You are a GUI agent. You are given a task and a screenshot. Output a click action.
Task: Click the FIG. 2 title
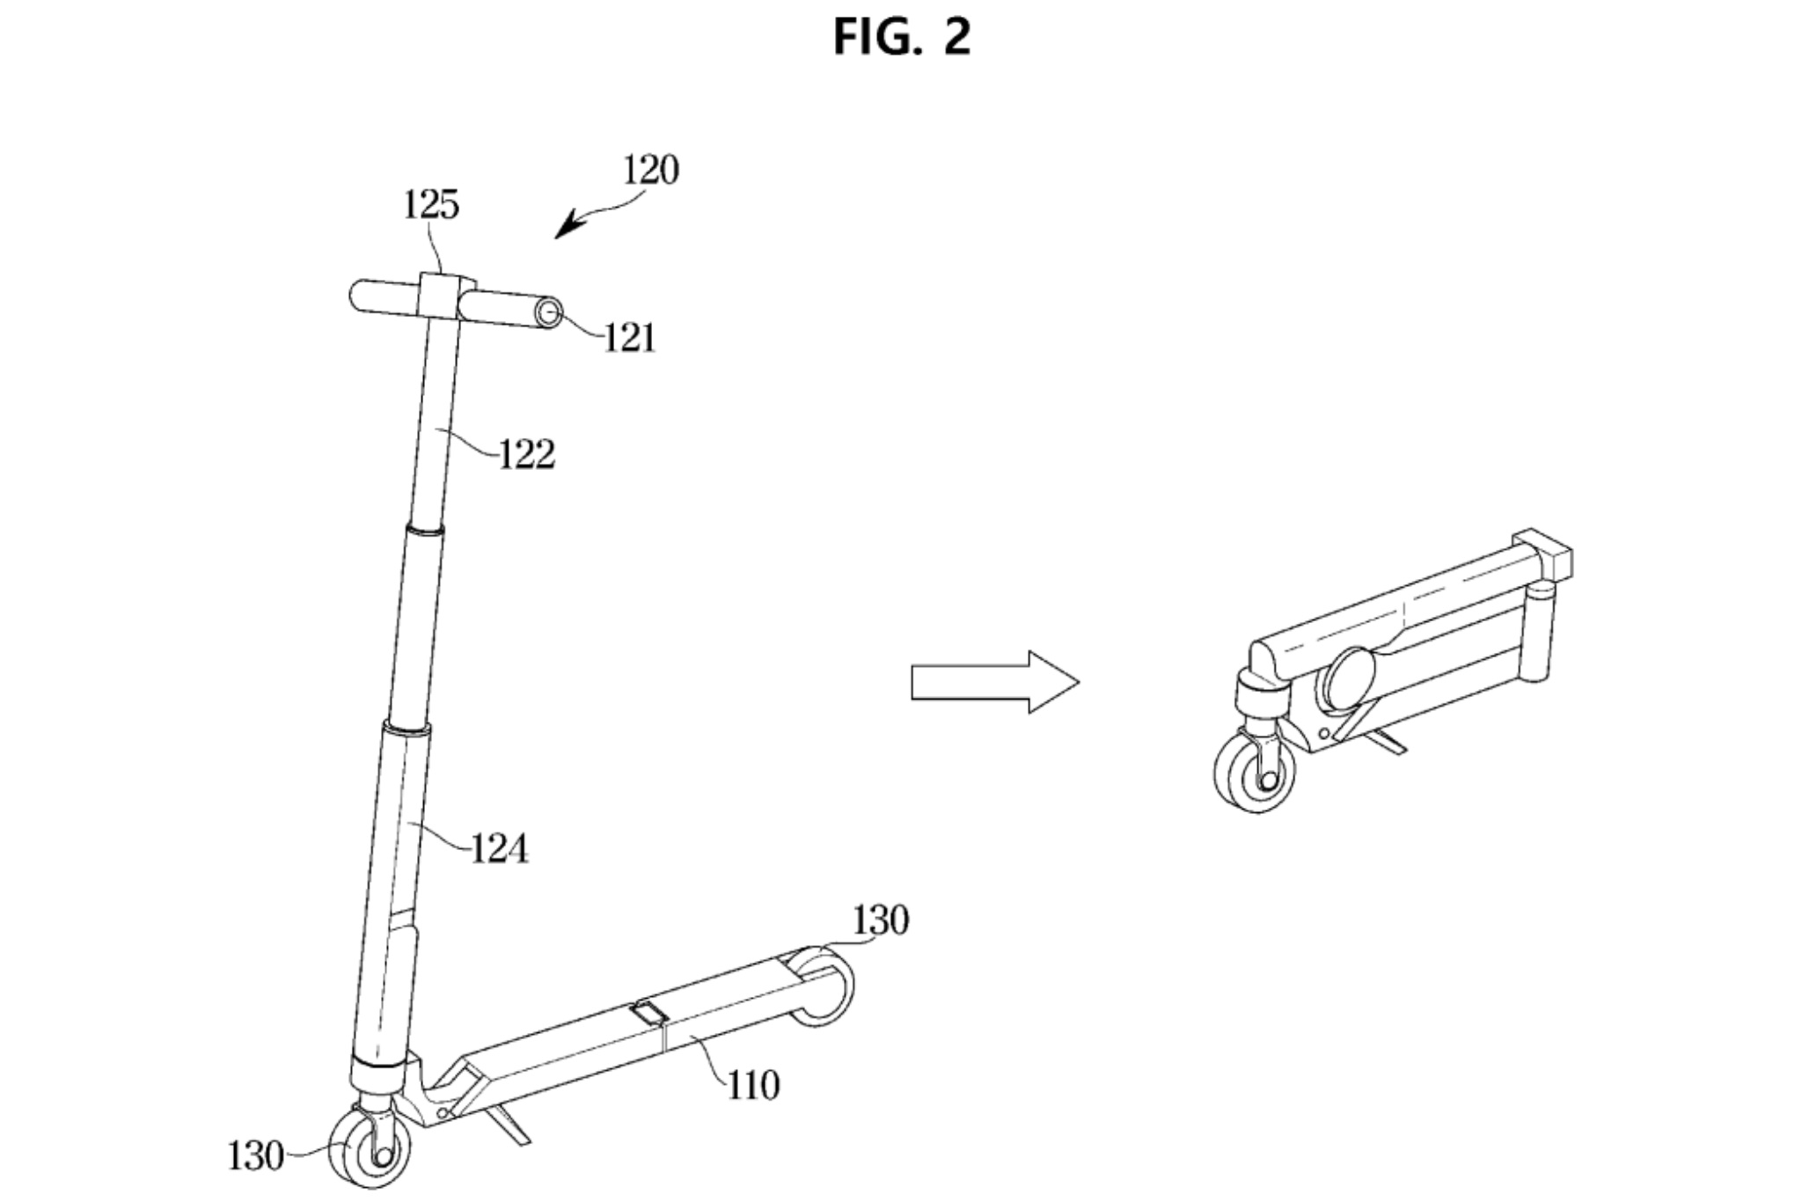902,37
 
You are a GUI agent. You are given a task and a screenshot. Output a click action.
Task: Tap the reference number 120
650,170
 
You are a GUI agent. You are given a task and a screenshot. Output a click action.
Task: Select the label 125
431,205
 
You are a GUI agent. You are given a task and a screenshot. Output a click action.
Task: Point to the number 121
629,338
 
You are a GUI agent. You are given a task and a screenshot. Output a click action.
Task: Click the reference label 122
526,455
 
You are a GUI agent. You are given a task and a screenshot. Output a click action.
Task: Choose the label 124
499,849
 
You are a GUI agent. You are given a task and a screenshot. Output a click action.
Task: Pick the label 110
753,1086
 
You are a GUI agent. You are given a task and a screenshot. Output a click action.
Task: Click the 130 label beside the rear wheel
880,920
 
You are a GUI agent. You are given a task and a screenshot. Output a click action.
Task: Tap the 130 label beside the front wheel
255,1156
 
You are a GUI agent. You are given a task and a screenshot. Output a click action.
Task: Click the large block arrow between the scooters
995,682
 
